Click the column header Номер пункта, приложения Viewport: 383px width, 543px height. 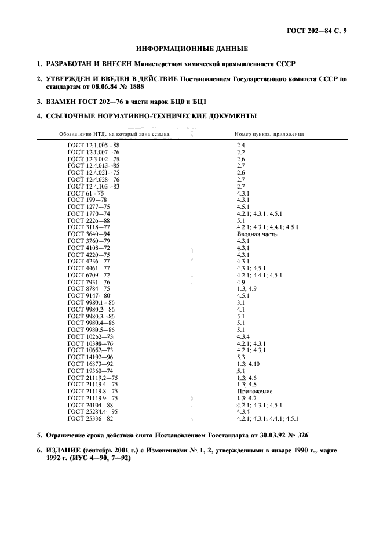point(269,134)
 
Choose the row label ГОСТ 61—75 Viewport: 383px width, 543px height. point(86,193)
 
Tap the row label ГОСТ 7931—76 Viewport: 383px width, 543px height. point(89,282)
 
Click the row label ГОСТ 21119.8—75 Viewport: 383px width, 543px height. point(93,392)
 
